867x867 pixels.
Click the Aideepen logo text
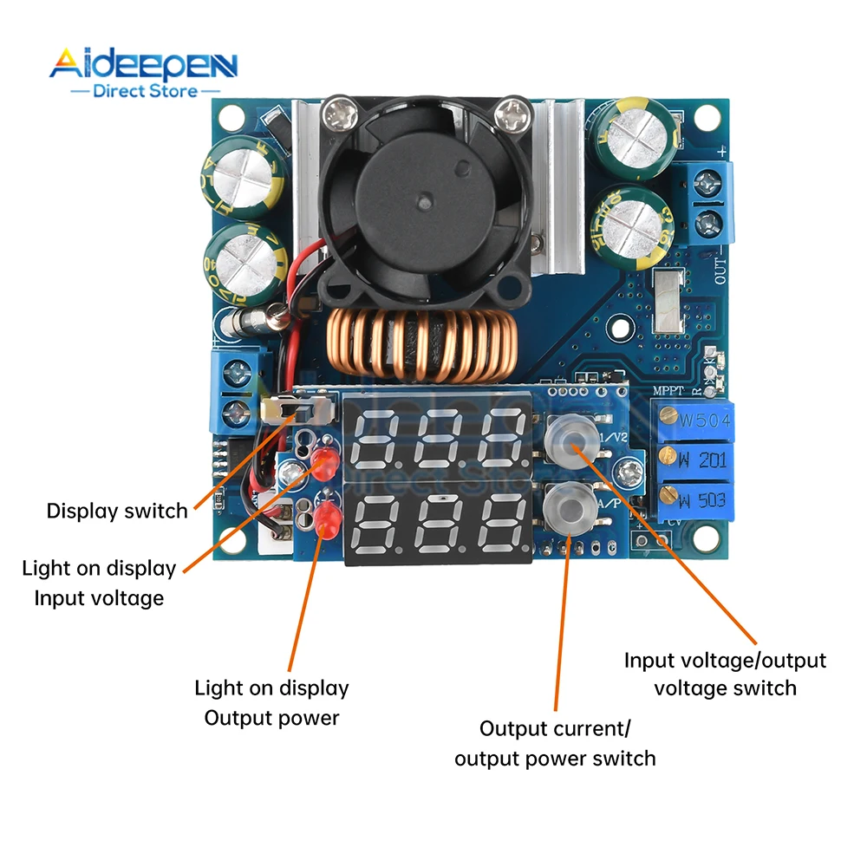(x=142, y=65)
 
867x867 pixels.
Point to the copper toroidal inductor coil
(x=420, y=347)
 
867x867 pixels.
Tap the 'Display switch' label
(x=117, y=511)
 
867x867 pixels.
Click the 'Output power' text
(x=271, y=718)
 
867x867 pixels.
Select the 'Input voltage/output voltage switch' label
(x=725, y=674)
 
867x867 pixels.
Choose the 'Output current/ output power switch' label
(x=555, y=743)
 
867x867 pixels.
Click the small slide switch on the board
(x=297, y=407)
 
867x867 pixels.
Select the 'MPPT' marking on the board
(x=668, y=392)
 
